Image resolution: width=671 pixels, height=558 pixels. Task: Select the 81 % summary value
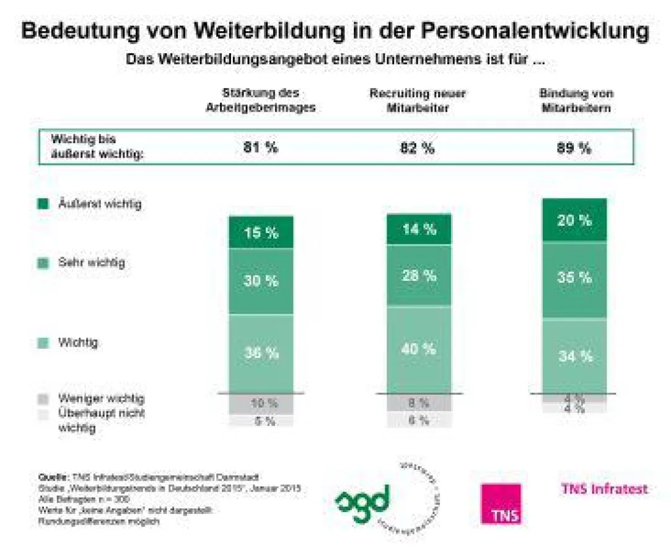click(260, 148)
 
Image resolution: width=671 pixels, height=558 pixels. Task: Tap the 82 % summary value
click(419, 148)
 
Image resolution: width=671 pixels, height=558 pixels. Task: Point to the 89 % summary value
click(574, 148)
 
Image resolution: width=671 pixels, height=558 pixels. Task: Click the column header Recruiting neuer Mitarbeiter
click(418, 100)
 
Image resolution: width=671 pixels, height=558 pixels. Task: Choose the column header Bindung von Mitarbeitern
click(576, 100)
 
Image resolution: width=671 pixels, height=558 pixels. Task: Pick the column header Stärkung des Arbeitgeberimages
click(261, 100)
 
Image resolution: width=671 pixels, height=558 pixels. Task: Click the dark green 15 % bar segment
click(261, 232)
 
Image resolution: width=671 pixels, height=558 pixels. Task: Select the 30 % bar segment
click(261, 281)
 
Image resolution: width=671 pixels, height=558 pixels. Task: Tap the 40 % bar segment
click(419, 349)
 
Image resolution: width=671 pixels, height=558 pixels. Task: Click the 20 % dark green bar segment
click(574, 221)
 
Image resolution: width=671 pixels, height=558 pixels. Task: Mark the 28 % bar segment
click(419, 275)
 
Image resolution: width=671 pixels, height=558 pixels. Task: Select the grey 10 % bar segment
click(261, 404)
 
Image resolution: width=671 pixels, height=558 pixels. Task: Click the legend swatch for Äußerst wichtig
click(42, 204)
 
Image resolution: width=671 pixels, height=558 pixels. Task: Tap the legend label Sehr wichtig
click(92, 262)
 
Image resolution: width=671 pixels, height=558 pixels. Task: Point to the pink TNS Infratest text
click(604, 489)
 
